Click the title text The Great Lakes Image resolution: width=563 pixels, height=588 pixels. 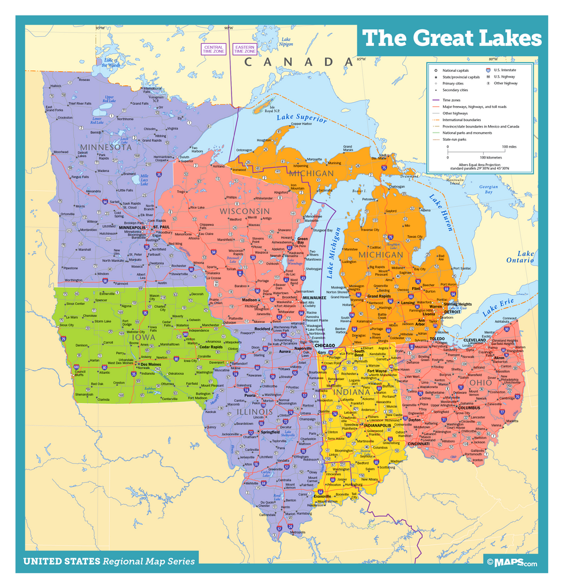point(452,38)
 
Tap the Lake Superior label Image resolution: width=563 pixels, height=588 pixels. point(302,118)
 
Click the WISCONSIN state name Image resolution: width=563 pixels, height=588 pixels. point(244,211)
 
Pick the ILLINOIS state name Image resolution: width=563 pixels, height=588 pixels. point(254,411)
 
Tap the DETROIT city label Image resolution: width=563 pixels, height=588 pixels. point(452,312)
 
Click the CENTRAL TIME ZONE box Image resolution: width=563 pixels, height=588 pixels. point(213,49)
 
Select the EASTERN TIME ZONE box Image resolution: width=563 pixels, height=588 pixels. point(244,49)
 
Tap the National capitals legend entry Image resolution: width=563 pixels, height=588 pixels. point(455,70)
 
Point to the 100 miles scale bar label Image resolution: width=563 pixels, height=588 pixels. point(508,146)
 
